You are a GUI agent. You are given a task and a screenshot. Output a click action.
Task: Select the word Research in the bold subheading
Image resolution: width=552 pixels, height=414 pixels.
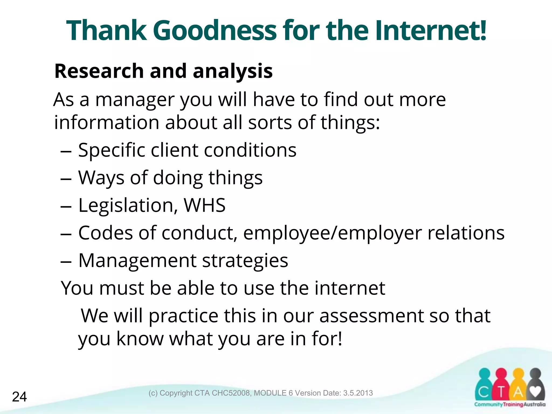(99, 71)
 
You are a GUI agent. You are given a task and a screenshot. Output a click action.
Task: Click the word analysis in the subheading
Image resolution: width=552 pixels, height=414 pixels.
(233, 71)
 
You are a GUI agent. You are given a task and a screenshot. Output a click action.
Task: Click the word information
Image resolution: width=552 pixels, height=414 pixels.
(107, 123)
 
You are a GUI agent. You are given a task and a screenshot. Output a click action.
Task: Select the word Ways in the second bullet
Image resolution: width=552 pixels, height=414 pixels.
(101, 178)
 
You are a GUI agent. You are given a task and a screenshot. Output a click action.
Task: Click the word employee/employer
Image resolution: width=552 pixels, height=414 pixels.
(332, 233)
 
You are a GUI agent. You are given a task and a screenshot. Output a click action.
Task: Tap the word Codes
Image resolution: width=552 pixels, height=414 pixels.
(105, 233)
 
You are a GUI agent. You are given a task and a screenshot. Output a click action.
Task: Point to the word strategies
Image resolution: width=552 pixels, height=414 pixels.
(245, 261)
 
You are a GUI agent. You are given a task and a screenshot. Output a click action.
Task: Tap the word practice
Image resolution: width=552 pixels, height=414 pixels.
(184, 316)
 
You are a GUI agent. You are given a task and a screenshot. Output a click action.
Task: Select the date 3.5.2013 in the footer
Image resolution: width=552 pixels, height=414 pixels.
(358, 393)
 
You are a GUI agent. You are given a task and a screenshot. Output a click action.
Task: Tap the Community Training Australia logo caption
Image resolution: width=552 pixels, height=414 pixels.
(510, 404)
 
